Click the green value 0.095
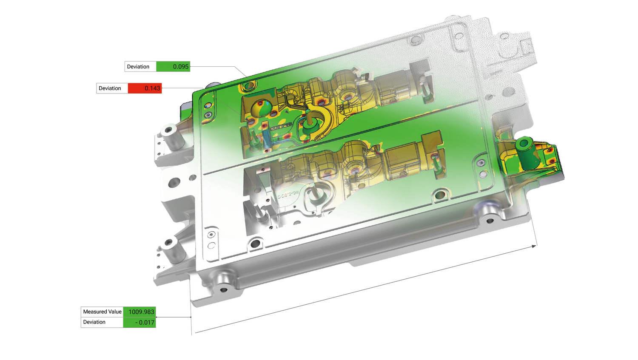tap(181, 67)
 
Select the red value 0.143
tap(152, 88)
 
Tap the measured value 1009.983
tap(141, 312)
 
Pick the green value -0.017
tap(145, 322)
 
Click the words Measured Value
tap(102, 312)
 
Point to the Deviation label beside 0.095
tap(138, 67)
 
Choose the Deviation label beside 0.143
tap(110, 88)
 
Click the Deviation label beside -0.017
tap(94, 322)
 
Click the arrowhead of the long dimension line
tap(534, 247)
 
